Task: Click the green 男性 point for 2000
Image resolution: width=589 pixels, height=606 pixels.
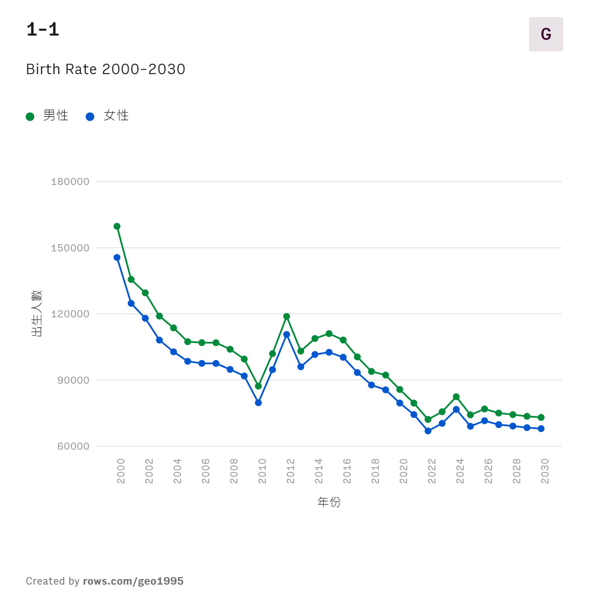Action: pyautogui.click(x=117, y=226)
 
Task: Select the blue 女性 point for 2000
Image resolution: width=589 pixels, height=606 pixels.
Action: pyautogui.click(x=117, y=257)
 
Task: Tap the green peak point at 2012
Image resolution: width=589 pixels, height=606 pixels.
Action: pyautogui.click(x=287, y=316)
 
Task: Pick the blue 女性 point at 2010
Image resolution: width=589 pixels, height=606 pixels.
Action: pyautogui.click(x=258, y=403)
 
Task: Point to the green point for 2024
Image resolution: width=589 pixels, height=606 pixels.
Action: pyautogui.click(x=456, y=397)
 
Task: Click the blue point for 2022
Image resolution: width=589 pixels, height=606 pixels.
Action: pyautogui.click(x=428, y=431)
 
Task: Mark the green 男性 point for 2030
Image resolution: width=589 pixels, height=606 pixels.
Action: pyautogui.click(x=541, y=417)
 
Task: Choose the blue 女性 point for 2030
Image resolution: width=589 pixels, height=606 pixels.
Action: pyautogui.click(x=541, y=429)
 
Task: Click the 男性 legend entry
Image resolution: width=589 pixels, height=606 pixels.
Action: pyautogui.click(x=47, y=116)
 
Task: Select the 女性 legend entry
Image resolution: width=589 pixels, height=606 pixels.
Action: pyautogui.click(x=108, y=116)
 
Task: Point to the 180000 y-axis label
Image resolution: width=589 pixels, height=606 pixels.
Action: pyautogui.click(x=70, y=182)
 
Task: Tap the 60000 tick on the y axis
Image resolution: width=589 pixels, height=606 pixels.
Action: pyautogui.click(x=73, y=446)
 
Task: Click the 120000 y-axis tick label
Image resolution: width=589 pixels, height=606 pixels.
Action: pyautogui.click(x=70, y=314)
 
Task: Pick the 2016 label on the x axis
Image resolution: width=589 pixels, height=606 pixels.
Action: pyautogui.click(x=347, y=471)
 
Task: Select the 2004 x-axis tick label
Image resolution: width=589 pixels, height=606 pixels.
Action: pyautogui.click(x=177, y=471)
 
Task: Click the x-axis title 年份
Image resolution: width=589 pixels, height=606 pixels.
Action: pyautogui.click(x=329, y=502)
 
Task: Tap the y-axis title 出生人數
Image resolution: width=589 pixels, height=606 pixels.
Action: pyautogui.click(x=37, y=313)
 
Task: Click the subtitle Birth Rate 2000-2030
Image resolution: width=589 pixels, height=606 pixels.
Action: pyautogui.click(x=106, y=69)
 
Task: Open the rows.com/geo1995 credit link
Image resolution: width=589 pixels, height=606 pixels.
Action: pyautogui.click(x=133, y=581)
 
